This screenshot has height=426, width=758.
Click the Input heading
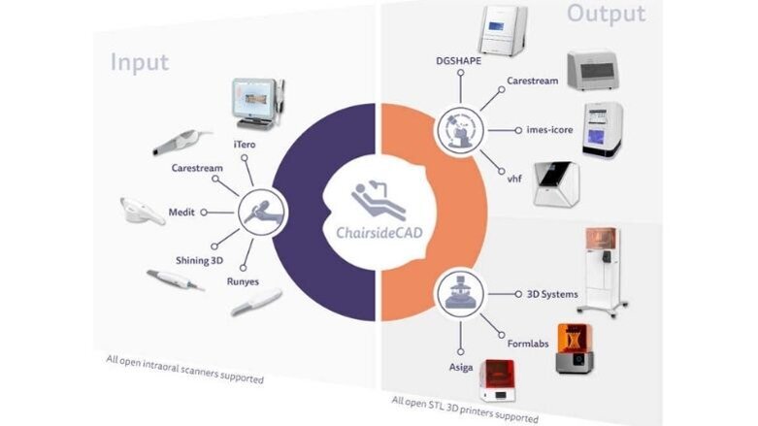[x=140, y=62]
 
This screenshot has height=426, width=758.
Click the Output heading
[x=607, y=14]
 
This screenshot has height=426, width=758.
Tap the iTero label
[x=245, y=144]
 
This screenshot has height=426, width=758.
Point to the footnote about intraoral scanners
[x=184, y=368]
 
